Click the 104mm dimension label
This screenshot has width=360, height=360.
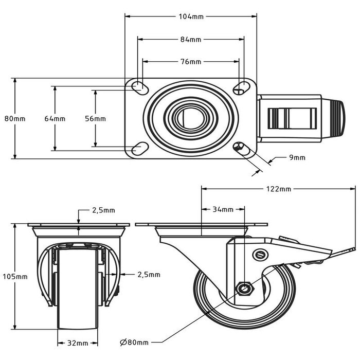click(x=190, y=16)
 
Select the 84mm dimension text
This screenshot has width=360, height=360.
click(x=190, y=39)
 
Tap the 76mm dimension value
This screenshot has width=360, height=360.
click(x=190, y=62)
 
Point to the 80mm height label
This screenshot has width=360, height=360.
click(x=15, y=119)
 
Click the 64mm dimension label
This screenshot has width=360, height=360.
click(x=55, y=119)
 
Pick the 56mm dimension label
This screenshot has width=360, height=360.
click(x=95, y=119)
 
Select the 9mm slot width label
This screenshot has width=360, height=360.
click(x=297, y=157)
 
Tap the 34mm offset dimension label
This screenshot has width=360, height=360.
click(x=223, y=209)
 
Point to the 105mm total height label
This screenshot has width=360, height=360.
click(x=15, y=277)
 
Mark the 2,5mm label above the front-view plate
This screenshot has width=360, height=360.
click(x=103, y=210)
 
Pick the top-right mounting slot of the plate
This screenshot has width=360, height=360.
click(x=240, y=88)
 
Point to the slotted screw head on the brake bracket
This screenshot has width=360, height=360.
click(x=259, y=254)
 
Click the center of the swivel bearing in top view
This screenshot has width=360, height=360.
click(x=190, y=118)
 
